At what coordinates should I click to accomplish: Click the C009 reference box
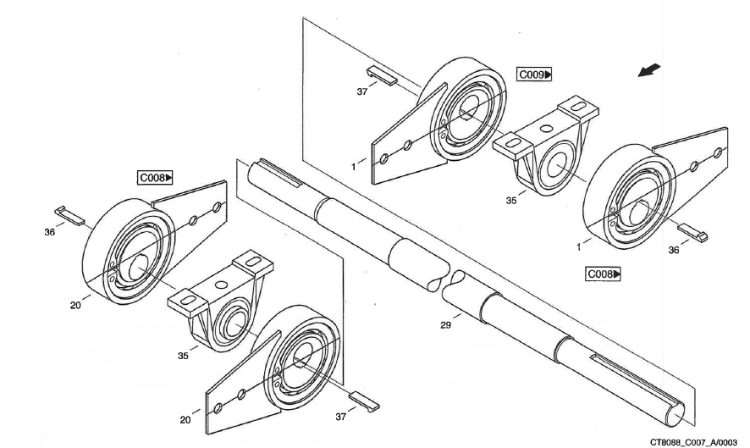534,75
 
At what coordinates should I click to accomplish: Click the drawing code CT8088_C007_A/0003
698,441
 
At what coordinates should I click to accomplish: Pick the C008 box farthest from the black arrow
155,178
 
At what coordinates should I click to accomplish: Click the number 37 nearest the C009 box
361,91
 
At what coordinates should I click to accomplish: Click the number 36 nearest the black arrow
674,250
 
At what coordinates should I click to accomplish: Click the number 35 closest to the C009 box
510,202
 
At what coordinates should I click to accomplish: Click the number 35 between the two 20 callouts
183,357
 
